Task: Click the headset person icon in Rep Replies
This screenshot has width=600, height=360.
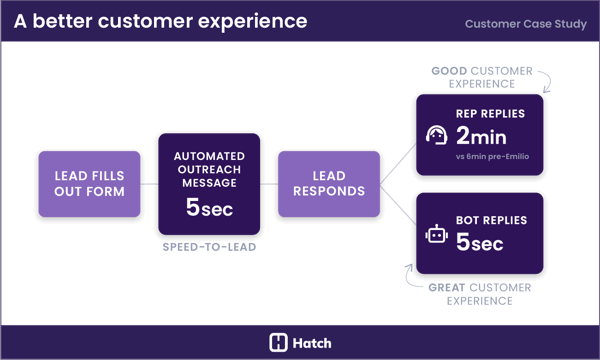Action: pos(437,135)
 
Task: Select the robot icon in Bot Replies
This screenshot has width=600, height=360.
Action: pos(437,237)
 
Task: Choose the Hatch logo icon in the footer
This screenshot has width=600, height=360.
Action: pos(279,342)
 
